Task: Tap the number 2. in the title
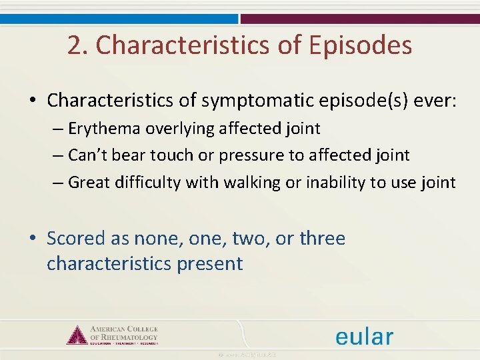79,45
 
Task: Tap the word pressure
253,155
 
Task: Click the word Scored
76,238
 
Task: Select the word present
209,263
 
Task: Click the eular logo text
364,336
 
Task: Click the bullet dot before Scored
33,239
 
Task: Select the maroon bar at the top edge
360,19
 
